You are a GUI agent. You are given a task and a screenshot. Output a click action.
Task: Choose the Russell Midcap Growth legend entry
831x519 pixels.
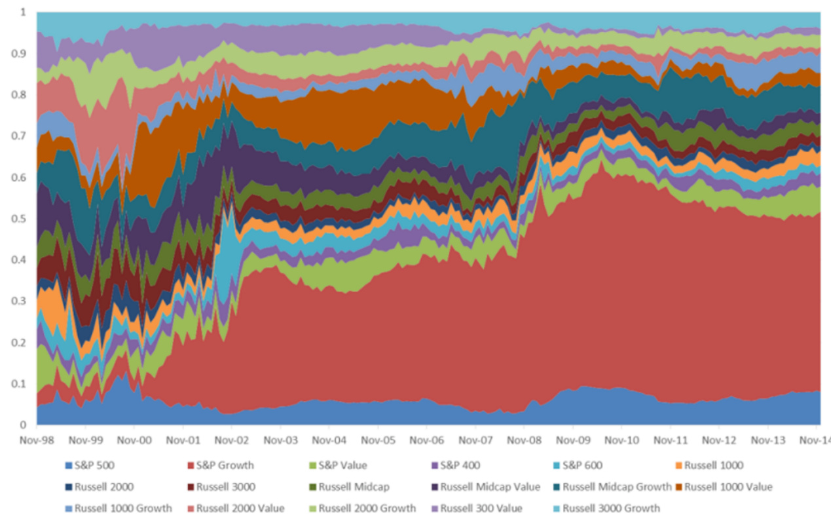(x=612, y=487)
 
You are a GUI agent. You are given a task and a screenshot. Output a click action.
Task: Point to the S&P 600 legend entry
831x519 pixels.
(x=582, y=466)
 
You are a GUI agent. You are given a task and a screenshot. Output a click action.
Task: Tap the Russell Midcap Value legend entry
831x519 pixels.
(x=485, y=487)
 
